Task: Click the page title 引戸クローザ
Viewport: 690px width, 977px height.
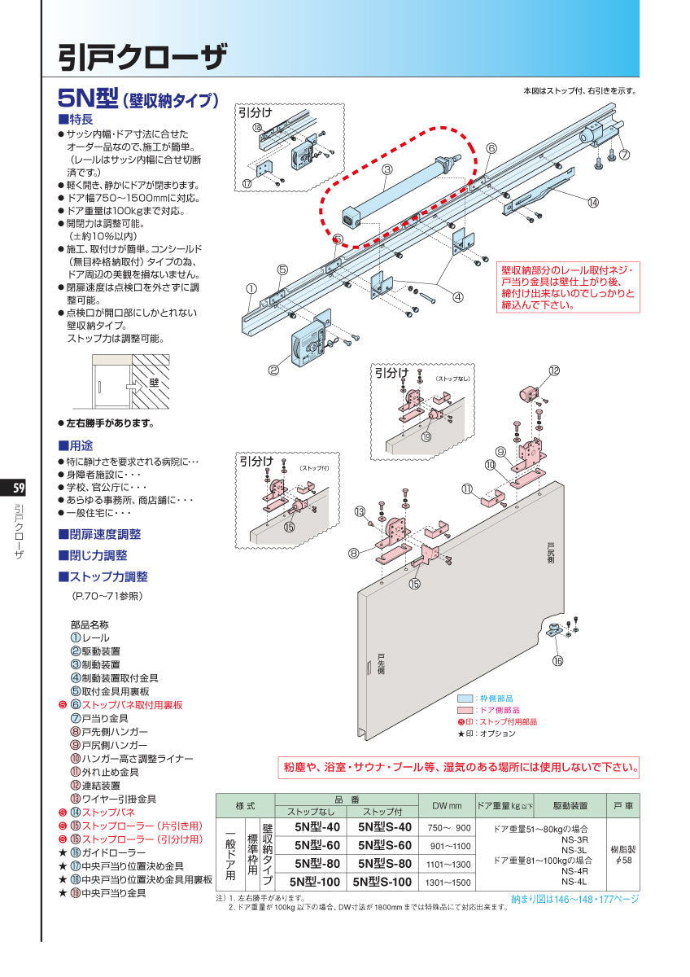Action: [x=142, y=56]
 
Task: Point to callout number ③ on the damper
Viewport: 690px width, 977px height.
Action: [x=387, y=169]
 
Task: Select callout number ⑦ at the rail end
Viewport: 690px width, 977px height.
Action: [x=623, y=154]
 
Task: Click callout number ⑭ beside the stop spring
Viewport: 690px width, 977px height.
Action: [x=592, y=202]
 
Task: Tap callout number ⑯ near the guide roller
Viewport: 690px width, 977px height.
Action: [x=557, y=661]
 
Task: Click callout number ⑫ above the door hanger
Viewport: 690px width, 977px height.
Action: [x=554, y=370]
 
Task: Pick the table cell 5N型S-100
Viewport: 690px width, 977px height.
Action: [x=382, y=882]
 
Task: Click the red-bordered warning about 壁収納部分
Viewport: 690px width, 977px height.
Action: [x=568, y=286]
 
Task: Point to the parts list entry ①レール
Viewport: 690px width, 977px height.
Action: [x=90, y=637]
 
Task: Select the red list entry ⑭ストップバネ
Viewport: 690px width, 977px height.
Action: [x=102, y=813]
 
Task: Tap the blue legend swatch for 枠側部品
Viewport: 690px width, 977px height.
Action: [x=465, y=699]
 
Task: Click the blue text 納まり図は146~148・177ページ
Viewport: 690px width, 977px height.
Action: [x=574, y=899]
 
